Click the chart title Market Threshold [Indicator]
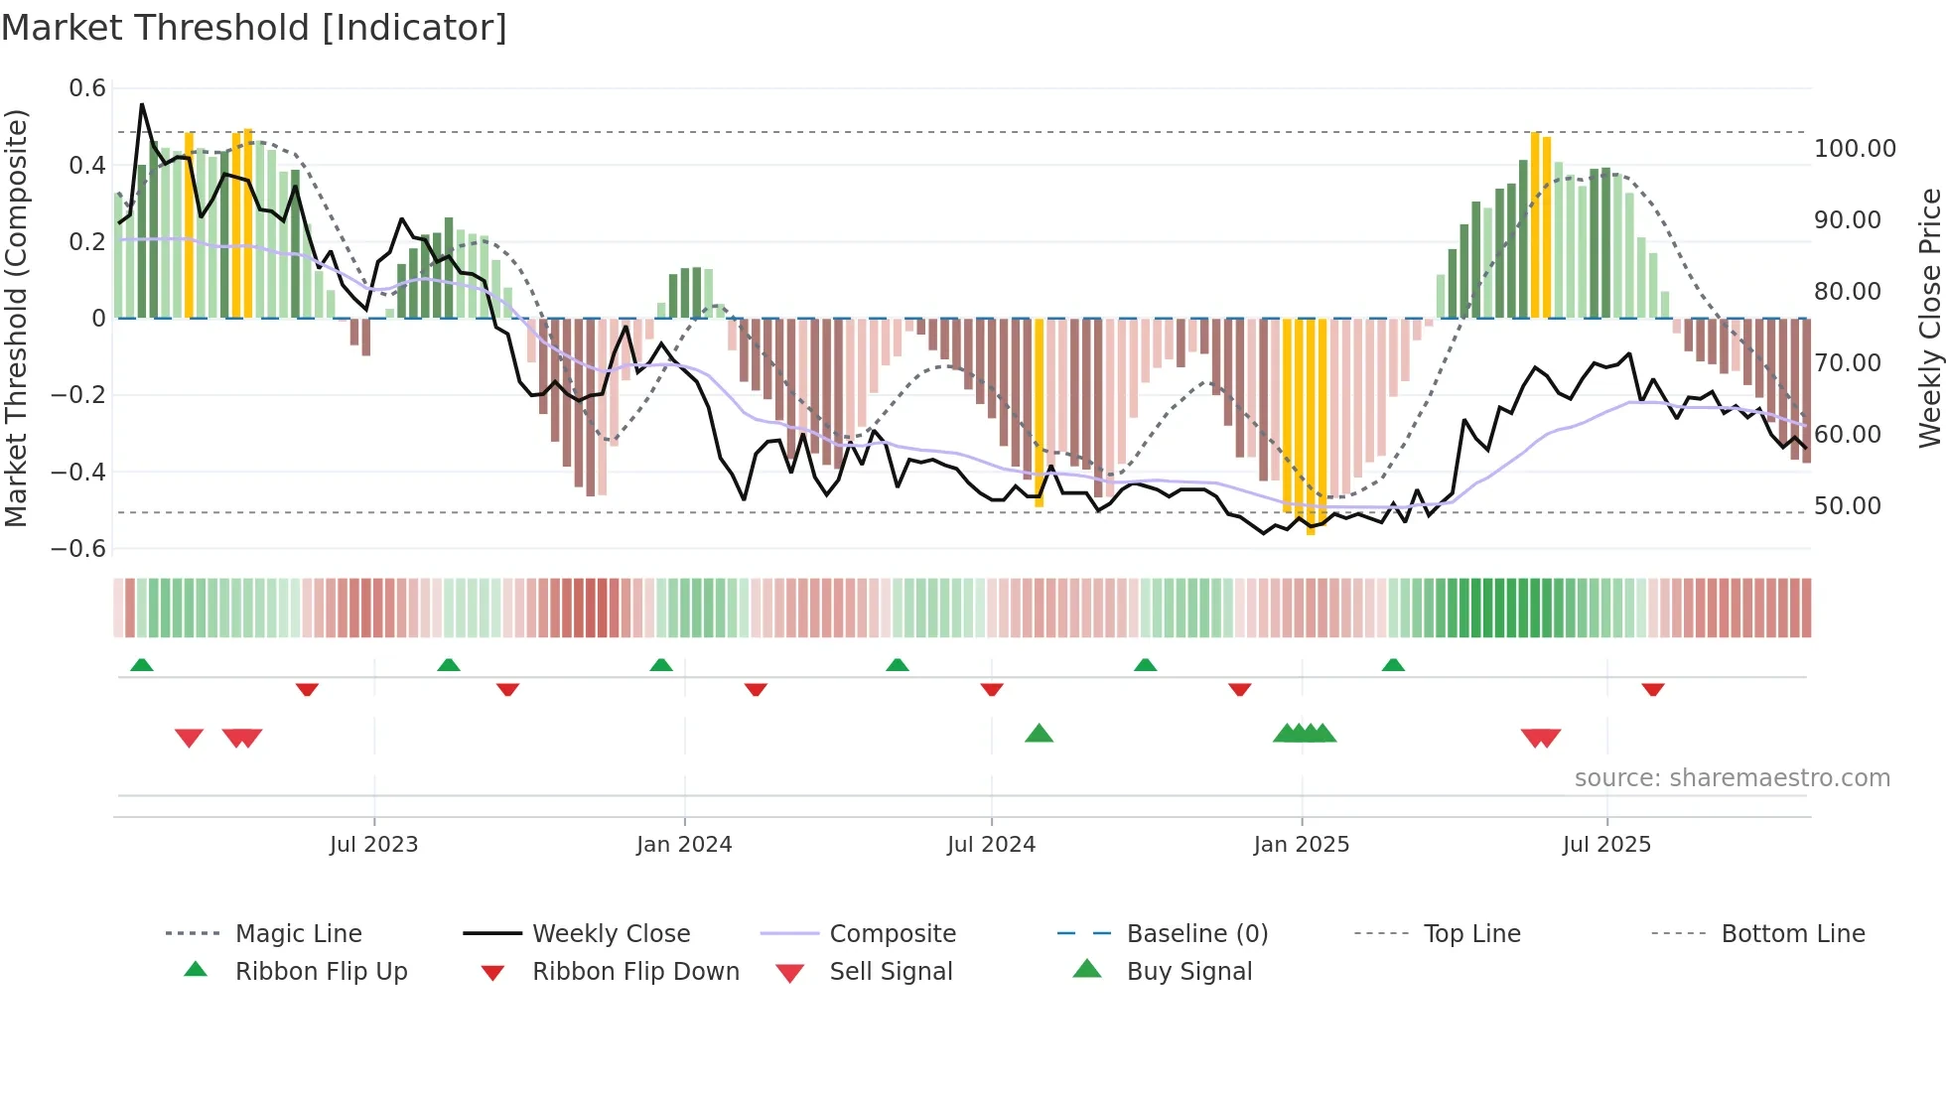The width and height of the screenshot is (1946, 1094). coord(254,28)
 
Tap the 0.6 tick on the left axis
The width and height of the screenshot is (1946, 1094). coord(87,88)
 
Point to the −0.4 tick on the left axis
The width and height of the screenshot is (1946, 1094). coord(78,472)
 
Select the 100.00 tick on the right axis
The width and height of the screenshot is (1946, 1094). coord(1854,149)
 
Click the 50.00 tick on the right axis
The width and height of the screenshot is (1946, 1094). coord(1847,506)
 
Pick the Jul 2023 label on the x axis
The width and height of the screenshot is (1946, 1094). coord(374,845)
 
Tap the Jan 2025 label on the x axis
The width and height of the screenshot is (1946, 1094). coord(1301,845)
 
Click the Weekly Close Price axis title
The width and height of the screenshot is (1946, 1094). coord(1928,318)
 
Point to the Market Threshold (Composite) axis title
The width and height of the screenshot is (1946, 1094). coord(16,318)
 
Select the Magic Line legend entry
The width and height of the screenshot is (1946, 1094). coord(298,934)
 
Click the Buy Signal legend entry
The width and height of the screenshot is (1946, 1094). coord(1188,972)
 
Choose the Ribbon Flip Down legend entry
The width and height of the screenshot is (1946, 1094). coord(635,972)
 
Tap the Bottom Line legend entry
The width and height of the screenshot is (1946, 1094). coord(1792,934)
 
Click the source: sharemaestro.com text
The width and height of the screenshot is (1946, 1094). coord(1732,778)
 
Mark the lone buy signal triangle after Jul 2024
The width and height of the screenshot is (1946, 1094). coord(1039,734)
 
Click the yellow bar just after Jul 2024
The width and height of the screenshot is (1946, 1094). coord(1040,412)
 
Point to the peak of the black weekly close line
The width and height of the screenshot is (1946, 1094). coord(142,104)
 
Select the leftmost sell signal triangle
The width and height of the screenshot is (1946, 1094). coord(189,738)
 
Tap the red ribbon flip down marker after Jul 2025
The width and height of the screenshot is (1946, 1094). coord(1652,689)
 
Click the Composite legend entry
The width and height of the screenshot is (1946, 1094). coord(892,934)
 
